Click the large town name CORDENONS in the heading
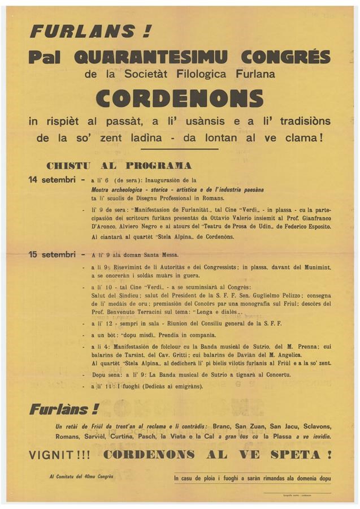click(x=180, y=97)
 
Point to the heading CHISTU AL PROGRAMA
click(x=119, y=166)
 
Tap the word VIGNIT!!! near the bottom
click(x=60, y=454)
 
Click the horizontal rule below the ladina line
click(x=180, y=149)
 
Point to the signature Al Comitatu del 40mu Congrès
click(x=81, y=476)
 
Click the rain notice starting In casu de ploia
click(x=253, y=478)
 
